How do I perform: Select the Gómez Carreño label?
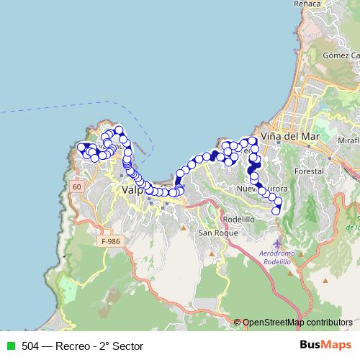[341, 55]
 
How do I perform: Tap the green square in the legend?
[11, 346]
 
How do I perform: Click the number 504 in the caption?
[30, 346]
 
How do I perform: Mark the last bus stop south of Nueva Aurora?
[276, 210]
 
